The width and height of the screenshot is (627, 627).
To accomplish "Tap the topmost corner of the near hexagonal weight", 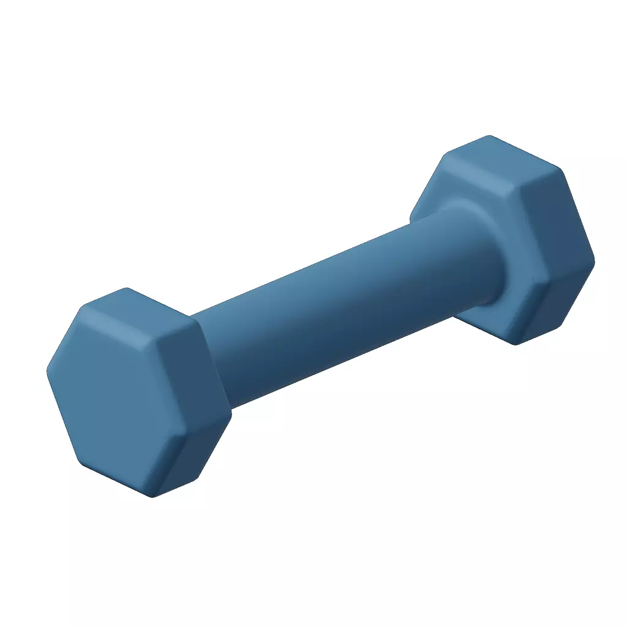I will click(x=126, y=289).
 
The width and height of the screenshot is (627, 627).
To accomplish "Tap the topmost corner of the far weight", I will click(x=489, y=136).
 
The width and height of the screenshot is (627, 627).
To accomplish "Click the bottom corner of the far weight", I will click(x=516, y=344).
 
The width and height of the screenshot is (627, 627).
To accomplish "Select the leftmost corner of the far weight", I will click(x=411, y=216).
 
